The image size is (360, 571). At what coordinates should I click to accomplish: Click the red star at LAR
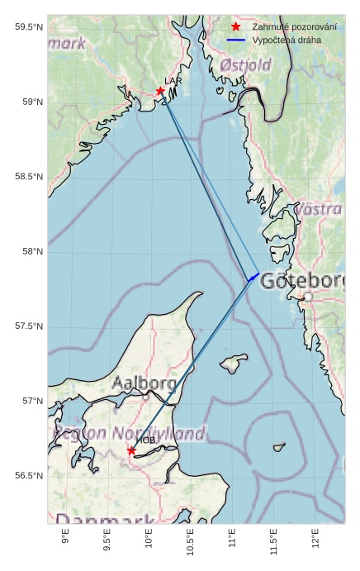tap(160, 91)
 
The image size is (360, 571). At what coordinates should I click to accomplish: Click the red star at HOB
tap(131, 450)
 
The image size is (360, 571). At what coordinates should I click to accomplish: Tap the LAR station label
tap(173, 81)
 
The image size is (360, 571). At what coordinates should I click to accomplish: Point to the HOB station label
tap(146, 440)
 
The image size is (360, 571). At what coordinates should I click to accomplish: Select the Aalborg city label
tap(144, 383)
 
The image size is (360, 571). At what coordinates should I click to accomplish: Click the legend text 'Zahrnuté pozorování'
tap(294, 26)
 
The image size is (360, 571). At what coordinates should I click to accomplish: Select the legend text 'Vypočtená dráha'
tap(287, 40)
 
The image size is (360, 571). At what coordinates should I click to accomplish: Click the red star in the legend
tap(235, 26)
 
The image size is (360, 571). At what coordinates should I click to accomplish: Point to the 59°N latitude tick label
tap(29, 102)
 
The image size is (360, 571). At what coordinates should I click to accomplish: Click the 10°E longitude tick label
tap(149, 540)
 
